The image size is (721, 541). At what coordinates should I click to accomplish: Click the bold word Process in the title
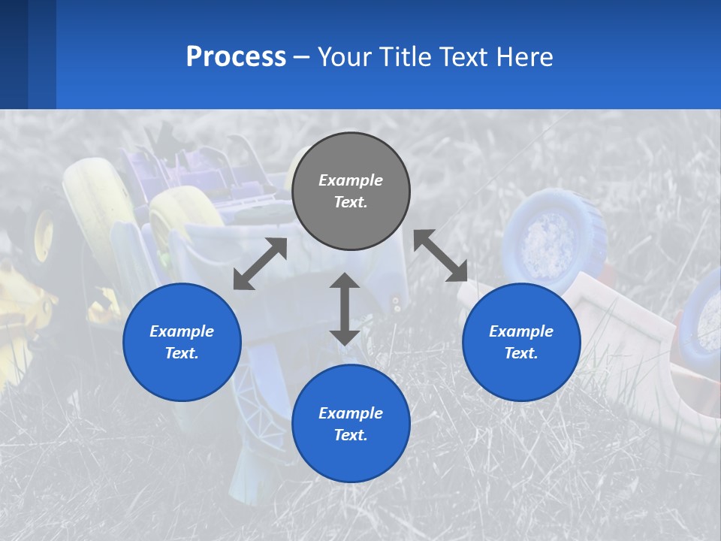coord(236,57)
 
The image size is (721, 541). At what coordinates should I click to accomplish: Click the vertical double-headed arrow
coord(345,309)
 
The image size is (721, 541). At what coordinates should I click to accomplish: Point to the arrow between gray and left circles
coord(260,264)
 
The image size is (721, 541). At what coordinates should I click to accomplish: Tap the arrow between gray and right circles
coord(440,255)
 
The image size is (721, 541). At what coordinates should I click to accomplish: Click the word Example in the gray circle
coord(351,180)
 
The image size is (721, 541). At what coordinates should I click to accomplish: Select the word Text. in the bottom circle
coord(351,435)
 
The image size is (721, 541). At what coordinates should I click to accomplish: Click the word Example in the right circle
coord(521,331)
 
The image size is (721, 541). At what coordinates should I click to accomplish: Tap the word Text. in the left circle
coord(182,353)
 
